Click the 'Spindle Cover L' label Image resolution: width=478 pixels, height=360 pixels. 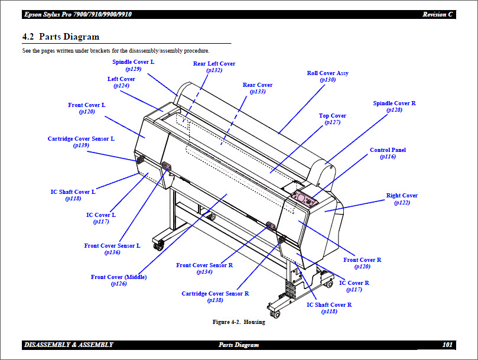point(133,61)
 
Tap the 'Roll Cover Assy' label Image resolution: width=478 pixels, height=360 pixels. point(327,73)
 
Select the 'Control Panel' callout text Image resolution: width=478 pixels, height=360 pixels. point(388,150)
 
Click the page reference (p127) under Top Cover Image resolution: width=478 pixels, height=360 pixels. point(333,122)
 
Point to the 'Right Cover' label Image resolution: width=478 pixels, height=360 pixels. point(402,196)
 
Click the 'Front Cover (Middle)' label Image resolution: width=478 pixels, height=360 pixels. point(119,277)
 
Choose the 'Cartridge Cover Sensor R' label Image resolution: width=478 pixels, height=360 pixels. point(215,293)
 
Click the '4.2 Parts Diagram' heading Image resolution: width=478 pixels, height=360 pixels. point(61,37)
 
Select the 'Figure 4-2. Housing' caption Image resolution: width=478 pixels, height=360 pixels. point(239,322)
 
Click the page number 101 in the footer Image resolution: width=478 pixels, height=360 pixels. point(447,345)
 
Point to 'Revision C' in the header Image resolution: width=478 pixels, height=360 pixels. point(438,14)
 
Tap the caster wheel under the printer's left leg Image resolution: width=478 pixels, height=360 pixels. point(158,244)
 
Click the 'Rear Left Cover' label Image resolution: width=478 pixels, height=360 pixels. point(214,64)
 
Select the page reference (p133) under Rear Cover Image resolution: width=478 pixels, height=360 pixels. point(258,92)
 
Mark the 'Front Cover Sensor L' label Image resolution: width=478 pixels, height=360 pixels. point(112,245)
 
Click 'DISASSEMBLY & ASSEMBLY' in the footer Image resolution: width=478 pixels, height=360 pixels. point(69,345)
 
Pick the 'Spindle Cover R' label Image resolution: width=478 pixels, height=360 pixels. point(394,103)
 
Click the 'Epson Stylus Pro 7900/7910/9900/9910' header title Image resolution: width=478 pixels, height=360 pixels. point(78,14)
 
